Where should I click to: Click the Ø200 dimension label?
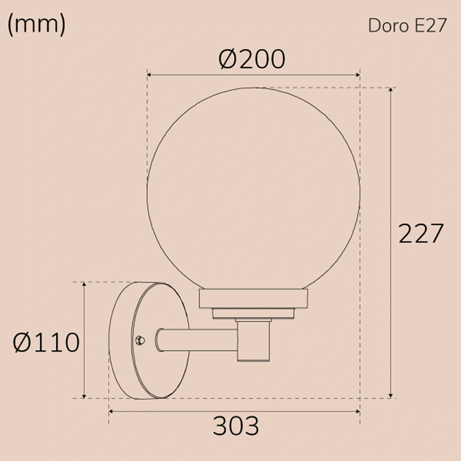pyautogui.click(x=252, y=59)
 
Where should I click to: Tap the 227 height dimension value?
pyautogui.click(x=421, y=234)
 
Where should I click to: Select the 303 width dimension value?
pyautogui.click(x=236, y=426)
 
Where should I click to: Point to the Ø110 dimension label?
pyautogui.click(x=46, y=343)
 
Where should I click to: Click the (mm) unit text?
pyautogui.click(x=36, y=25)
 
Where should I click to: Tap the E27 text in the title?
pyautogui.click(x=430, y=26)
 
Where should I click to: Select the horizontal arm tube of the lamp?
pyautogui.click(x=198, y=340)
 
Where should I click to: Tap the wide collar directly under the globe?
pyautogui.click(x=253, y=298)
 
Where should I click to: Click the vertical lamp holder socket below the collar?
pyautogui.click(x=253, y=340)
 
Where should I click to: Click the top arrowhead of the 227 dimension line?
pyautogui.click(x=391, y=90)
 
